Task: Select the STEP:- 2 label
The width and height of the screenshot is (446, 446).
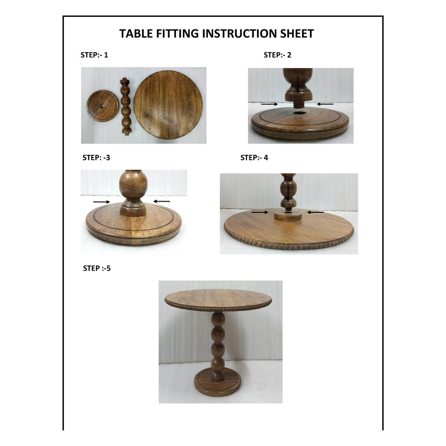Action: point(277,55)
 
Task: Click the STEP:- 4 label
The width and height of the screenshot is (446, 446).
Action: point(254,157)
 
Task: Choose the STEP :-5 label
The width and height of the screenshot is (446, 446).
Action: point(97,268)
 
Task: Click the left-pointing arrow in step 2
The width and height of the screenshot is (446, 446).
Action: point(326,104)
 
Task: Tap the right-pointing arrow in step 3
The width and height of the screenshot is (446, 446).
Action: point(101,202)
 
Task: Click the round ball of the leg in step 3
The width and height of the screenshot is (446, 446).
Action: point(132,186)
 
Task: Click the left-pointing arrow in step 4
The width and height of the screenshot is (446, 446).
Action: point(316,212)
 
